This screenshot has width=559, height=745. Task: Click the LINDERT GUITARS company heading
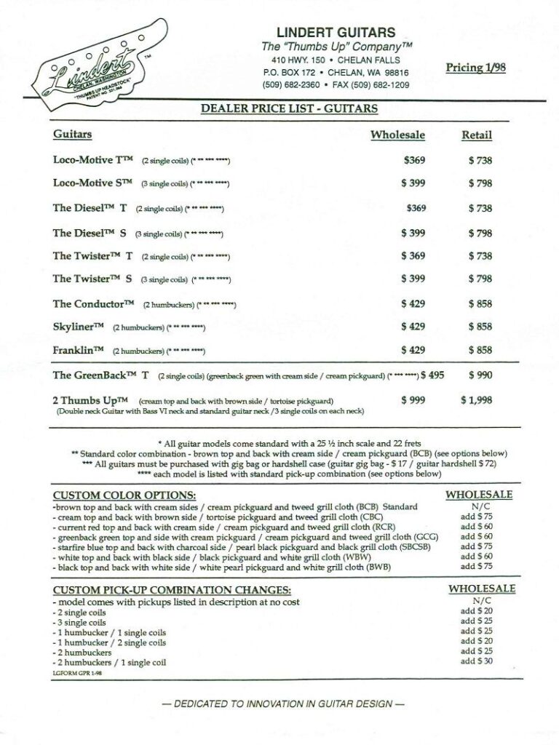tap(336, 32)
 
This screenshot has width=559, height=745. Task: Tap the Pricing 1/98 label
tap(475, 68)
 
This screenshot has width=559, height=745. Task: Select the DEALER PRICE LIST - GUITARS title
tap(289, 109)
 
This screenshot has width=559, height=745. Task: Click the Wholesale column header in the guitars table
tap(397, 135)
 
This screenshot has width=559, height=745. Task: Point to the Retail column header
tap(477, 135)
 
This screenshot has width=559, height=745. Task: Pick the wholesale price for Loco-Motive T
tap(414, 161)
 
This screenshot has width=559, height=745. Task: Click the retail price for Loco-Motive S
tap(480, 183)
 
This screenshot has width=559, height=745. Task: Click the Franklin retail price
tap(480, 350)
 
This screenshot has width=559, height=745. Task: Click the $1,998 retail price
tap(476, 400)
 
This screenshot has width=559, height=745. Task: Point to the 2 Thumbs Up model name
tap(90, 400)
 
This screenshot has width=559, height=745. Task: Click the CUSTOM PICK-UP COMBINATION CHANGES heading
tap(172, 590)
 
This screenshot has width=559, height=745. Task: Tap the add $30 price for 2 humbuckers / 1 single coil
tap(476, 661)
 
